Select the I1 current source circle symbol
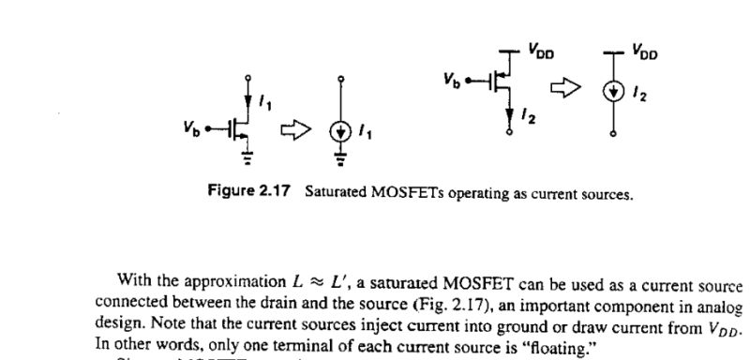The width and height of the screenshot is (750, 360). [339, 130]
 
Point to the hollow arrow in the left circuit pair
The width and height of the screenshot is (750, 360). [293, 130]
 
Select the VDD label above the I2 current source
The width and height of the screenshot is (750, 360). [644, 52]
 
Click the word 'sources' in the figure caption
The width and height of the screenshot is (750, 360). [607, 195]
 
